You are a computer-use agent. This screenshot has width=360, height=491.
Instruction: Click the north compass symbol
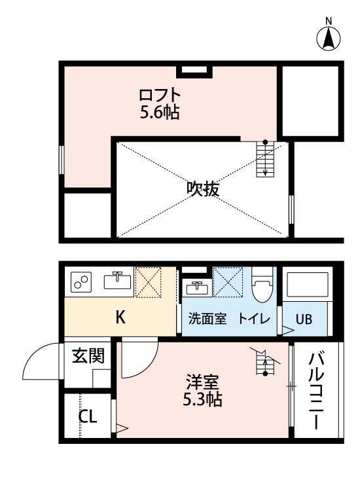pos(329,38)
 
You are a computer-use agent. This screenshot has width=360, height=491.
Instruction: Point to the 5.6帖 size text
pos(160,113)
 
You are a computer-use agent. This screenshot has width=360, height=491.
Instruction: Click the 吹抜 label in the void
pos(203,189)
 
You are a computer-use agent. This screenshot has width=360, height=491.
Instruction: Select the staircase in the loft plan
pos(264,159)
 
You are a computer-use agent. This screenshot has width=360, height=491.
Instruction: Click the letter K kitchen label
pos(120,318)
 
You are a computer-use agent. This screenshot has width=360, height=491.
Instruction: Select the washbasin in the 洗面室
pos(196,287)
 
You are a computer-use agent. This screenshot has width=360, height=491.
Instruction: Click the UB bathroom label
pos(304,319)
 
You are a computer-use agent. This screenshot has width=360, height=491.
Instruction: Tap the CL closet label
pos(88,416)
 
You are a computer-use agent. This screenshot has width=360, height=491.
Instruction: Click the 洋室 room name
pos(202,382)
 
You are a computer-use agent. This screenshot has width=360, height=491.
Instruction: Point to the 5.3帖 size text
pos(202,399)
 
